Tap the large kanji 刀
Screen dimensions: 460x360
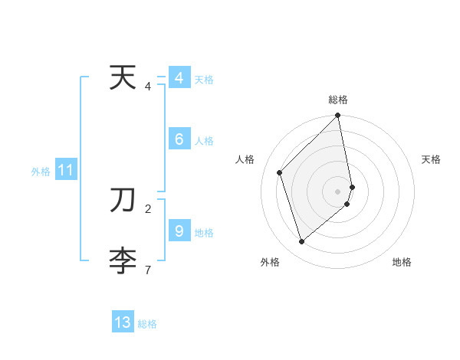pos(123,201)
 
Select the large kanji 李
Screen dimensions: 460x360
pos(123,262)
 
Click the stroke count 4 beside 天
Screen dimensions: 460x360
pos(148,87)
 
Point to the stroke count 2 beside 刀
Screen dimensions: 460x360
pos(148,208)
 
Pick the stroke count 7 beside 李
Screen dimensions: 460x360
pos(148,270)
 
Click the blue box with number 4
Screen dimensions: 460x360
pos(179,78)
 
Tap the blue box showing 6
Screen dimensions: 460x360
pos(179,139)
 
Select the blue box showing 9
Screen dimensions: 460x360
pos(179,230)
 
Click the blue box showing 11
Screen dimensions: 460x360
pos(65,171)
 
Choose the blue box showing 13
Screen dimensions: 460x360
pos(123,322)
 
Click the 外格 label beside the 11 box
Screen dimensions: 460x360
pos(41,172)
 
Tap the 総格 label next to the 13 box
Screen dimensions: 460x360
pos(147,324)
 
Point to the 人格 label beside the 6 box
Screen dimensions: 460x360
pos(204,141)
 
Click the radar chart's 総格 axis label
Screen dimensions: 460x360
pos(338,100)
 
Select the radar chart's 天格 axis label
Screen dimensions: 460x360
pos(431,159)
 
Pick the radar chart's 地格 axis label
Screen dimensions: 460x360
pos(402,262)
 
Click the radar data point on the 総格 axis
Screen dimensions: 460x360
pos(338,116)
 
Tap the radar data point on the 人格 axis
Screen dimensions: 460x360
pos(280,172)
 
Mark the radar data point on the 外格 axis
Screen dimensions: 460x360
pos(302,241)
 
